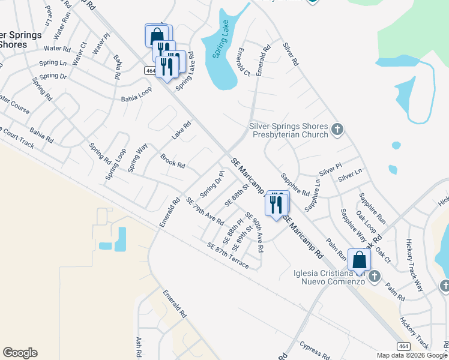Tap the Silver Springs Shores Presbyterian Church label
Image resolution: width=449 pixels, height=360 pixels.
tap(289, 130)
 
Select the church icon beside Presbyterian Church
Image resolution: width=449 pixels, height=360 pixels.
tap(337, 128)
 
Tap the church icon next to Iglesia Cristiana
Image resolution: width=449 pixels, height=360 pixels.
tap(375, 276)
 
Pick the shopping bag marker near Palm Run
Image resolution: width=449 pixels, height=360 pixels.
tap(359, 260)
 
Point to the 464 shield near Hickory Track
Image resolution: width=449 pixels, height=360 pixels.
tap(402, 346)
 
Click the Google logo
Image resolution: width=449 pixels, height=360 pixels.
tap(20, 353)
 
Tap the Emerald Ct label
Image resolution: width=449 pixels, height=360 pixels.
tap(243, 62)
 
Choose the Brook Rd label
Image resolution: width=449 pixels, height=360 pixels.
tap(172, 161)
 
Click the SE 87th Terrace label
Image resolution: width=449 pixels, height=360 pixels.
tap(228, 255)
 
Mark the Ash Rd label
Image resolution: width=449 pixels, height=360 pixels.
tap(139, 347)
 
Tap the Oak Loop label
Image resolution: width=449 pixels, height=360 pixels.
tap(366, 223)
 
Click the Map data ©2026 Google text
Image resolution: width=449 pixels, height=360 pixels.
tap(412, 355)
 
